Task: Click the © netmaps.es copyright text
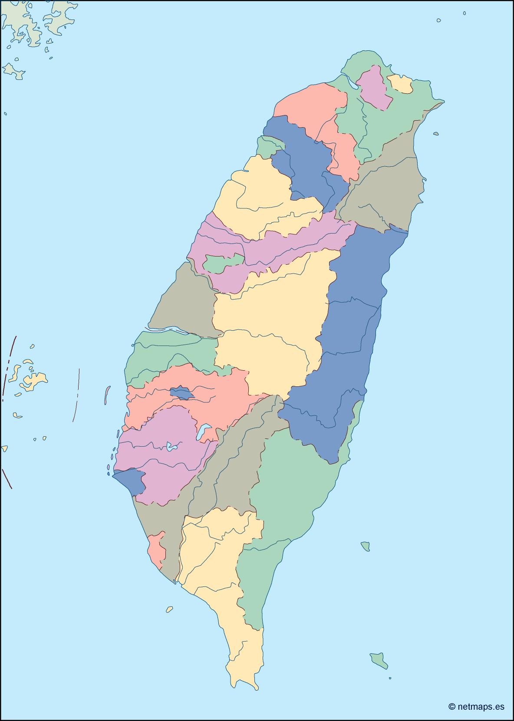476,706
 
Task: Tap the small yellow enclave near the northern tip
400,84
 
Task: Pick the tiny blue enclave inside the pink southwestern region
181,393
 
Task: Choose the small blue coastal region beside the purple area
130,482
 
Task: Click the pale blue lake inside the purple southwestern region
172,446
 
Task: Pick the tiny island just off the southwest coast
169,609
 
